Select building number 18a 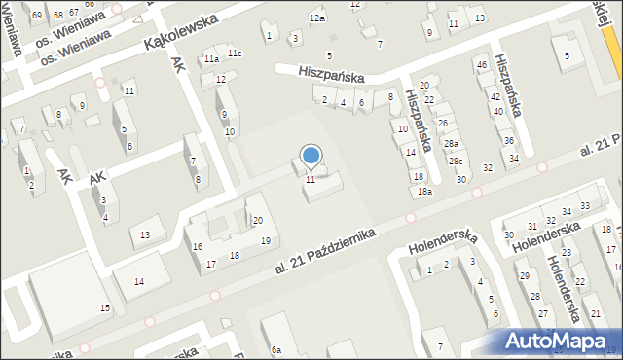(x=424, y=192)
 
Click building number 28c (x=456, y=161)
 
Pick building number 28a (x=451, y=143)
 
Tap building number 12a (x=317, y=18)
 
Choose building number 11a (x=211, y=59)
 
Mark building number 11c (x=234, y=53)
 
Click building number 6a (x=276, y=349)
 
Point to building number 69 (x=37, y=16)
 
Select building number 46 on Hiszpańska (x=481, y=65)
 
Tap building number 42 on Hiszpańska (x=495, y=97)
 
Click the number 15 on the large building (x=105, y=308)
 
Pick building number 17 (x=211, y=264)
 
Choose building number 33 (x=584, y=206)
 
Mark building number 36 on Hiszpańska (x=508, y=140)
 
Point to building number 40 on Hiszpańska (x=497, y=112)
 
